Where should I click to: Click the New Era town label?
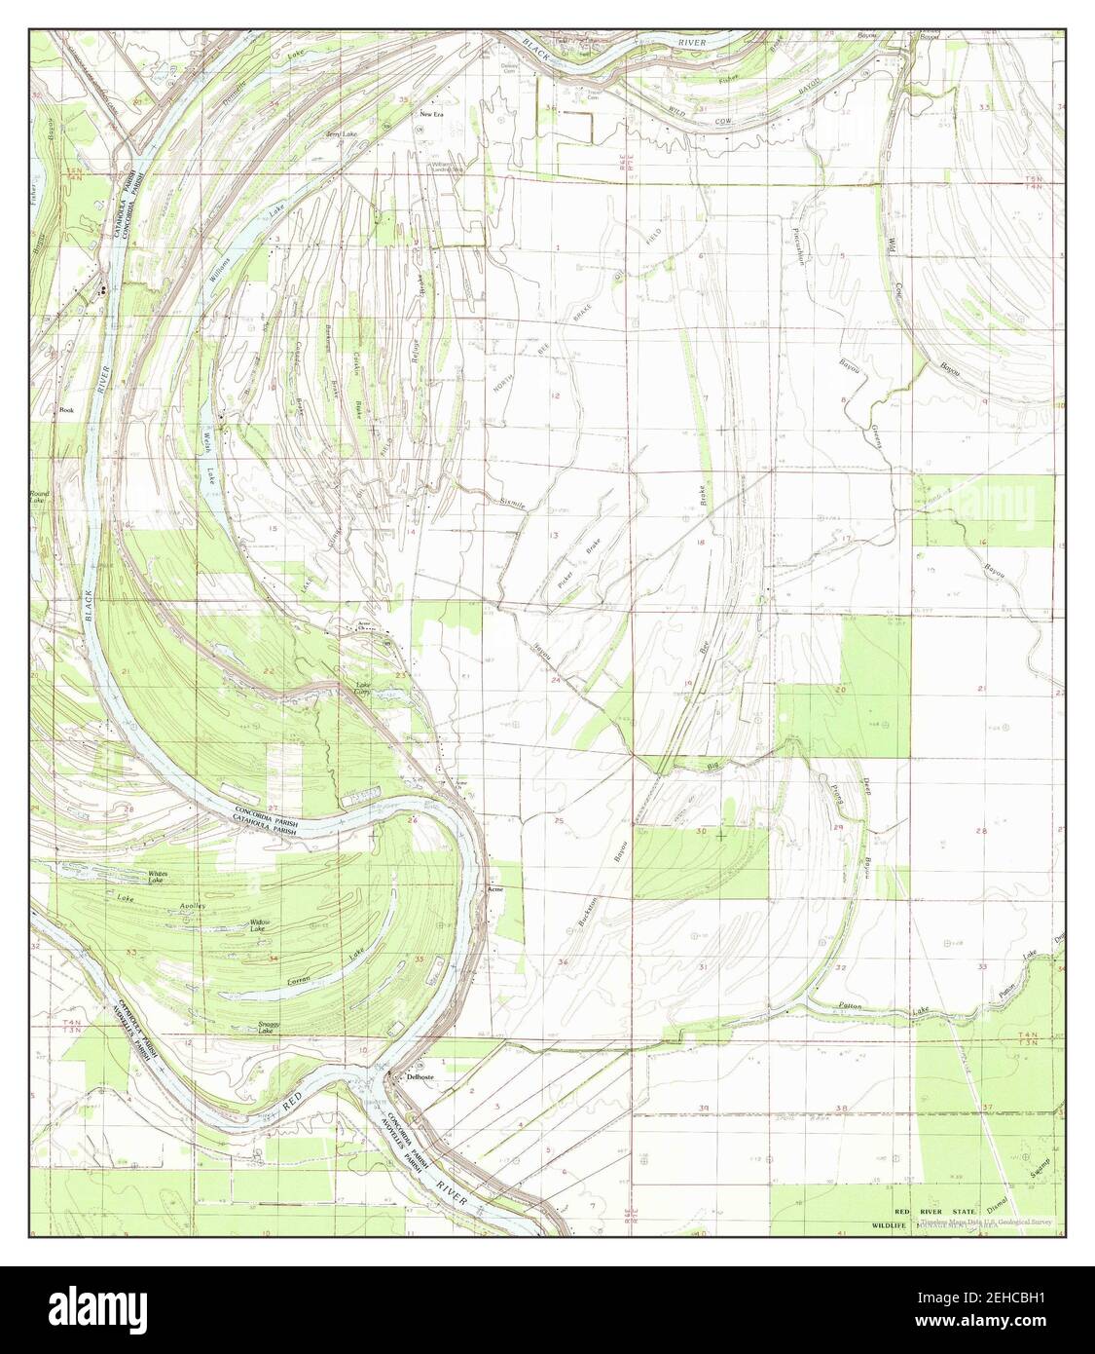point(432,114)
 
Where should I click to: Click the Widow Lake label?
point(260,925)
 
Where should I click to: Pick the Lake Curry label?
point(364,689)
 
